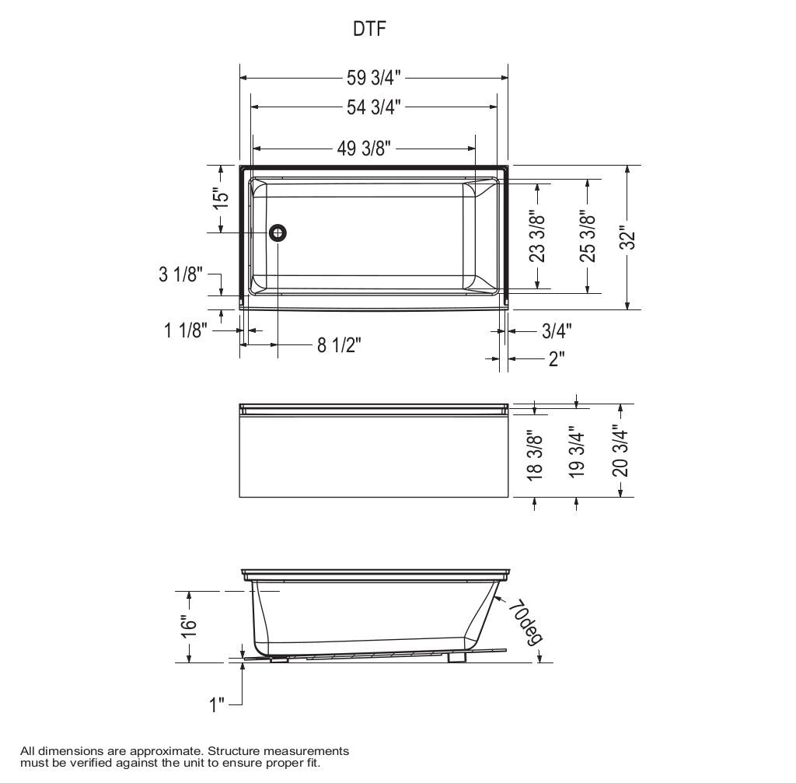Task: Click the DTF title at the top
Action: coord(370,30)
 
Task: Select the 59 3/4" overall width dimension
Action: coord(373,78)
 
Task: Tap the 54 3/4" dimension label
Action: coord(373,107)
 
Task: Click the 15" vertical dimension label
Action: coord(222,197)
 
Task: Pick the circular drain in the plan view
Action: coord(278,232)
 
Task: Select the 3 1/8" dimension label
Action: coord(180,274)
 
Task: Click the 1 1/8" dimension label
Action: coord(185,330)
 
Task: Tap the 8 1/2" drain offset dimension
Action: coord(339,344)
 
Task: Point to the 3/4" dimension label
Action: coord(557,331)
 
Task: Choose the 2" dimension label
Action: coord(557,358)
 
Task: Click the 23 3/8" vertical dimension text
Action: coord(536,236)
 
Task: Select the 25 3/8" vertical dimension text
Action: coord(588,236)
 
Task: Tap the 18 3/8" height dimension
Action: coord(535,456)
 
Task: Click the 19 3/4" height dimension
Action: coord(576,452)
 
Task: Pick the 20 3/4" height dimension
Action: coord(620,450)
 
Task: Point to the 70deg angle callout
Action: coord(525,622)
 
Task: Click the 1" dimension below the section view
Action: coord(217,704)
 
